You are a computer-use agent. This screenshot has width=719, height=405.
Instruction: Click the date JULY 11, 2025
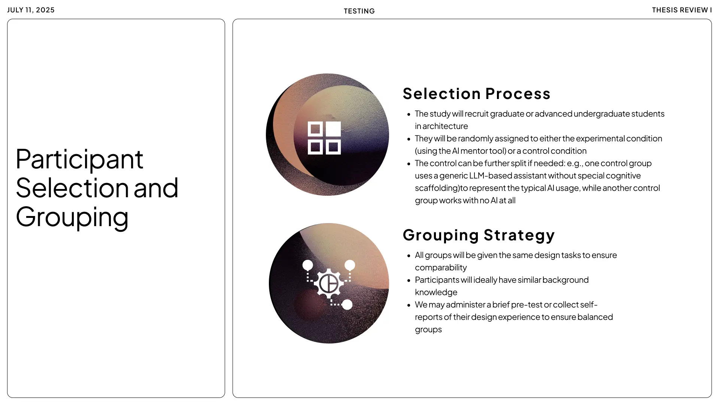[x=31, y=10]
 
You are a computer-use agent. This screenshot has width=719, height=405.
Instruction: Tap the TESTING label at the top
[x=359, y=11]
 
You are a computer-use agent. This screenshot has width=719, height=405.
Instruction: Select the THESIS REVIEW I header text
[x=682, y=10]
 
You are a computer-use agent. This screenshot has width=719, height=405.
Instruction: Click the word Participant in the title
[x=79, y=159]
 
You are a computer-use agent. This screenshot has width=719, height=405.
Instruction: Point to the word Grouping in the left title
[x=72, y=217]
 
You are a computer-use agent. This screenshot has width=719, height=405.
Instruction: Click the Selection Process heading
[x=476, y=94]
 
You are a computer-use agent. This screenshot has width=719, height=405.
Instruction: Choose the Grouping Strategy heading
[x=479, y=235]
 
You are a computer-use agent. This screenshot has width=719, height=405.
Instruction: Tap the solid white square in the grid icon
[x=333, y=129]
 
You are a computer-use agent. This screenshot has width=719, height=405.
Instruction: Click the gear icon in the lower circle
[x=329, y=283]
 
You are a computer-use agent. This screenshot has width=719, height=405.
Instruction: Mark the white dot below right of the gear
[x=347, y=304]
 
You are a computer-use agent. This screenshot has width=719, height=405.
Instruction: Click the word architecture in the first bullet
[x=445, y=126]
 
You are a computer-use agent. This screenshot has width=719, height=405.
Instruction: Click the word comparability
[x=441, y=268]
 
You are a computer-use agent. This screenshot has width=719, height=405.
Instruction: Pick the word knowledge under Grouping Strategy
[x=436, y=292]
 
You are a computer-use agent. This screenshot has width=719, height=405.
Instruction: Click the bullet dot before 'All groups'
[x=409, y=256]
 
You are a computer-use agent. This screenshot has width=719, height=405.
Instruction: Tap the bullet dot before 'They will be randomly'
[x=409, y=139]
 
